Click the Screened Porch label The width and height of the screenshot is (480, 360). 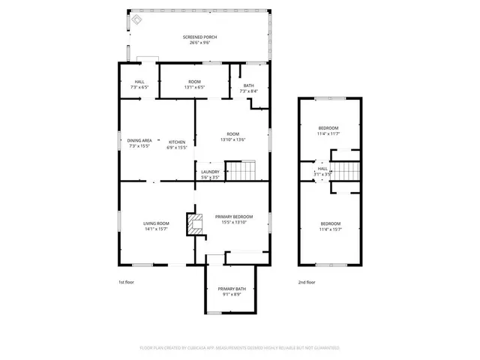[x=195, y=40]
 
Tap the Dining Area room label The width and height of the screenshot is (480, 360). [x=139, y=143]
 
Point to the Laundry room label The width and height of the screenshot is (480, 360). [x=210, y=174]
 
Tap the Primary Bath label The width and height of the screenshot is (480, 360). [x=232, y=291]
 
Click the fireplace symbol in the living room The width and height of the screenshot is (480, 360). [x=196, y=224]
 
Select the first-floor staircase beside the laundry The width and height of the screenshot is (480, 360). [x=241, y=173]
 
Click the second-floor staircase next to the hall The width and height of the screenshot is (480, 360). [x=346, y=170]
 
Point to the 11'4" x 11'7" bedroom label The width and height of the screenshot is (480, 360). [x=328, y=130]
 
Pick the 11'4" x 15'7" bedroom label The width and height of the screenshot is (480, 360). [x=331, y=226]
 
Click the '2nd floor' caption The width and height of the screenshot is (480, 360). [x=306, y=282]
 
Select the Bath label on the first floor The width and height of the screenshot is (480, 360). [x=248, y=88]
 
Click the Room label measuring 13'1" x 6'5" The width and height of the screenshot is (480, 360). [x=194, y=83]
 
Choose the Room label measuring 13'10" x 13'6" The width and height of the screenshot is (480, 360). [x=233, y=136]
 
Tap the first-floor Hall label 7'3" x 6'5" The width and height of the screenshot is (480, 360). [x=139, y=84]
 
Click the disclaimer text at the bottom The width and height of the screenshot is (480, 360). [x=240, y=348]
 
